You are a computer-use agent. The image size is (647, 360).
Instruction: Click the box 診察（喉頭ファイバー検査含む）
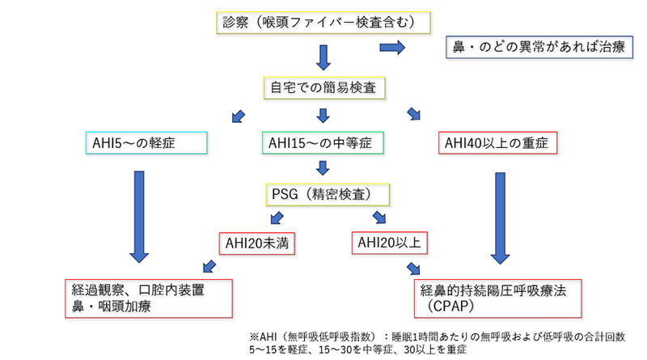pos(322,23)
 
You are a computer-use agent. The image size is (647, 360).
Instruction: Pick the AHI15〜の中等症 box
pos(323,143)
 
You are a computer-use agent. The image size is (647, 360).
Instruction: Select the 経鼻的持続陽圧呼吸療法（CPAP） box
pos(494,298)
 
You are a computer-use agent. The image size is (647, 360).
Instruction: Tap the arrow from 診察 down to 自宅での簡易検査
pos(322,56)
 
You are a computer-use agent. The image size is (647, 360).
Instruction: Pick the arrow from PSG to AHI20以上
pos(378,217)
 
